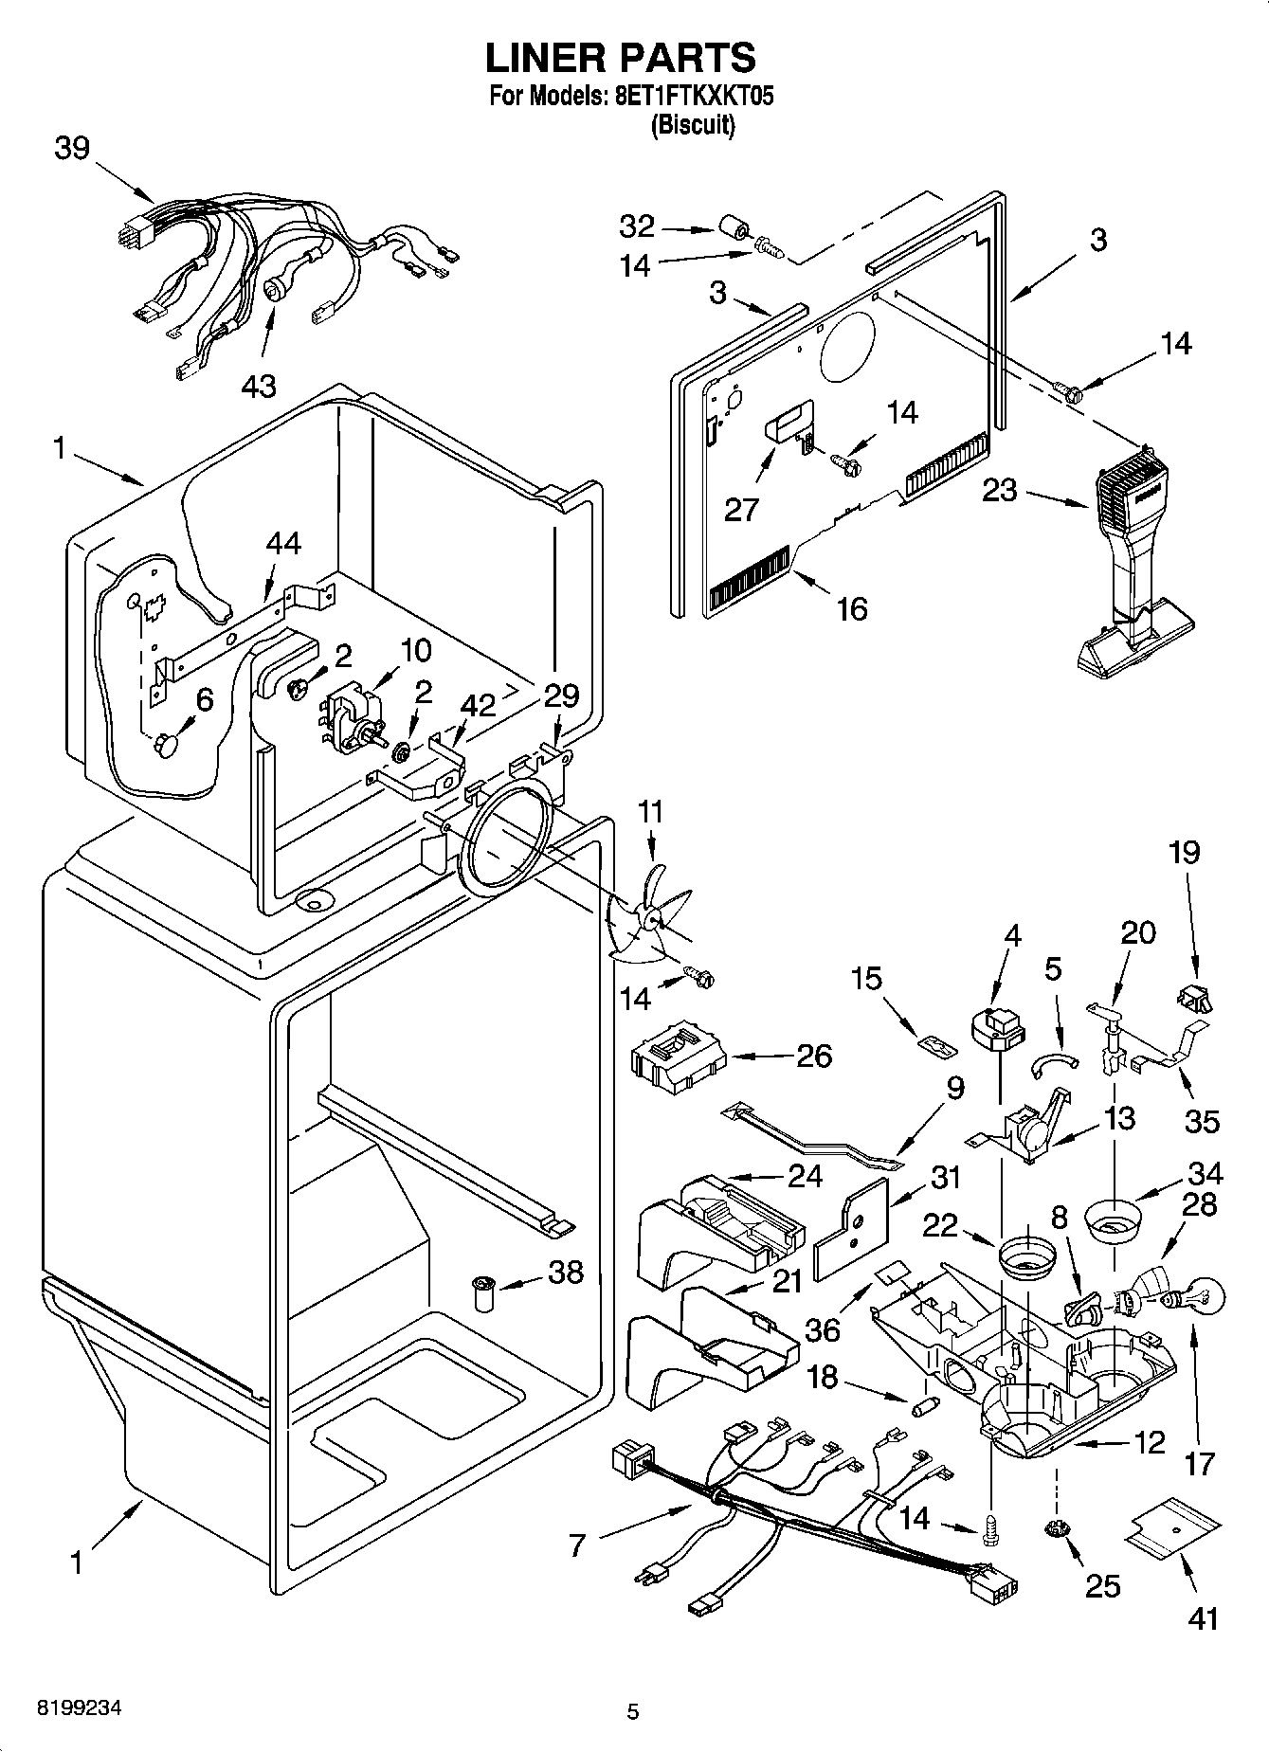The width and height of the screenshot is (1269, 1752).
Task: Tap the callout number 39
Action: coord(72,149)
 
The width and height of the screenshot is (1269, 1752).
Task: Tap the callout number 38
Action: coord(566,1272)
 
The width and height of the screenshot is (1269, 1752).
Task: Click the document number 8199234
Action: coord(79,1708)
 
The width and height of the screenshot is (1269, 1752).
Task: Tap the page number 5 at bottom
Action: coord(632,1711)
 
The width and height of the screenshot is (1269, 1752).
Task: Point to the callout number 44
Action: coord(282,544)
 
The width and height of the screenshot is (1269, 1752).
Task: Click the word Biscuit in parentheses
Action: coord(692,125)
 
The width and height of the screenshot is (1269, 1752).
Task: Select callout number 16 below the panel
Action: coord(852,608)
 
